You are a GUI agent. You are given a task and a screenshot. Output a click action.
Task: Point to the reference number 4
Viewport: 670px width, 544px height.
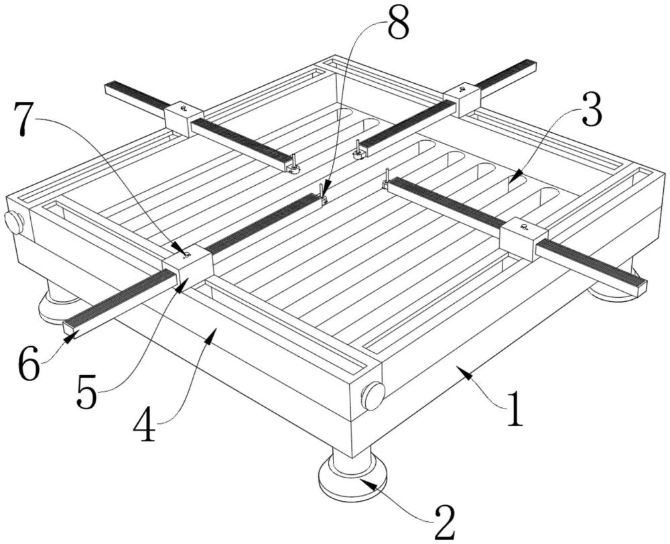click(144, 427)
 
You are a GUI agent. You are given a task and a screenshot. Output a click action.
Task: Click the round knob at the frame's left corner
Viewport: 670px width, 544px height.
click(14, 221)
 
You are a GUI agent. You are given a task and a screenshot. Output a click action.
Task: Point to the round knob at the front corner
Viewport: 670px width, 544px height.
click(373, 396)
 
